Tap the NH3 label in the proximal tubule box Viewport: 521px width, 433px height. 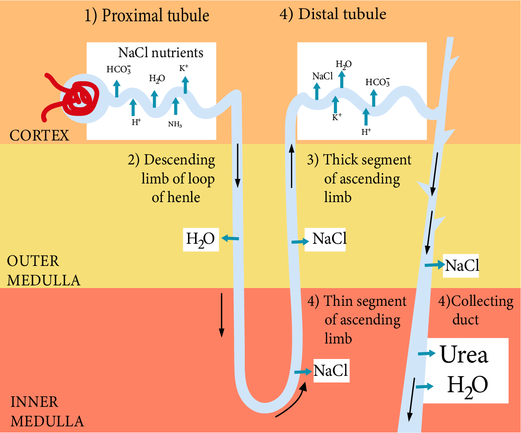pyautogui.click(x=175, y=125)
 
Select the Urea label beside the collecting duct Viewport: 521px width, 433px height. pyautogui.click(x=464, y=355)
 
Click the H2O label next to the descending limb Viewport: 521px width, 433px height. pyautogui.click(x=200, y=239)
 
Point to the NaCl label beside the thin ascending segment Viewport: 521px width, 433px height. pyautogui.click(x=331, y=370)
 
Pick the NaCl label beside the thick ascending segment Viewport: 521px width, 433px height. pyautogui.click(x=329, y=238)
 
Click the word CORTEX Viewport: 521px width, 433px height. pyautogui.click(x=39, y=135)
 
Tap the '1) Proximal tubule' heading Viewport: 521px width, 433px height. pyautogui.click(x=147, y=16)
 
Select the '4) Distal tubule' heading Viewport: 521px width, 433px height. pyautogui.click(x=333, y=14)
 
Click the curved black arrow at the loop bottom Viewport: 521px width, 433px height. pyautogui.click(x=293, y=403)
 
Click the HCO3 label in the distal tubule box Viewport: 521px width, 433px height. pyautogui.click(x=378, y=82)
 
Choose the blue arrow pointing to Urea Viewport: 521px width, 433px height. pyautogui.click(x=427, y=354)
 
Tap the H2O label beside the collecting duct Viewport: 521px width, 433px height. pyautogui.click(x=467, y=385)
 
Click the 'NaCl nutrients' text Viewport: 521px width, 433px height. pyautogui.click(x=161, y=53)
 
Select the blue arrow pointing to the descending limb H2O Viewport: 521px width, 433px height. pyautogui.click(x=230, y=239)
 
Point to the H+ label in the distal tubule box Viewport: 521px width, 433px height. pyautogui.click(x=366, y=132)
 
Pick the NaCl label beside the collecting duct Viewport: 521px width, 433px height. pyautogui.click(x=462, y=265)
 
